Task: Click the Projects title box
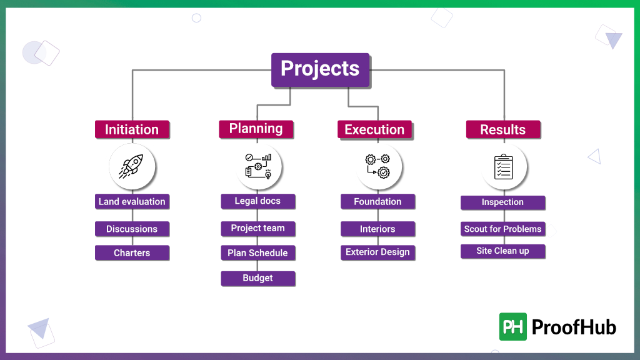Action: [x=320, y=69]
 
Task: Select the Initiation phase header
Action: [x=132, y=129]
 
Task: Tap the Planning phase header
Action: [x=256, y=129]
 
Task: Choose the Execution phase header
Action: [x=374, y=129]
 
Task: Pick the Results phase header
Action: [x=503, y=129]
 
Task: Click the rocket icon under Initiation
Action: [x=132, y=166]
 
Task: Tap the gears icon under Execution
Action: [x=378, y=167]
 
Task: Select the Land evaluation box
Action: [x=132, y=202]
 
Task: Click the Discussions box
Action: [x=132, y=229]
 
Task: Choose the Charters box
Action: [x=132, y=253]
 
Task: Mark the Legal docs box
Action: [x=257, y=201]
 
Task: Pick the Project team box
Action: [x=257, y=228]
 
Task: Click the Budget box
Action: [x=257, y=278]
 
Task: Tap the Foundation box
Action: [x=377, y=202]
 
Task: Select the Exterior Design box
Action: [x=377, y=252]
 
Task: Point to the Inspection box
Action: [x=502, y=202]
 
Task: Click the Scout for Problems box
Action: [x=502, y=229]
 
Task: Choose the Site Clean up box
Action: [x=502, y=251]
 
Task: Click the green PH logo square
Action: [x=513, y=326]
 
